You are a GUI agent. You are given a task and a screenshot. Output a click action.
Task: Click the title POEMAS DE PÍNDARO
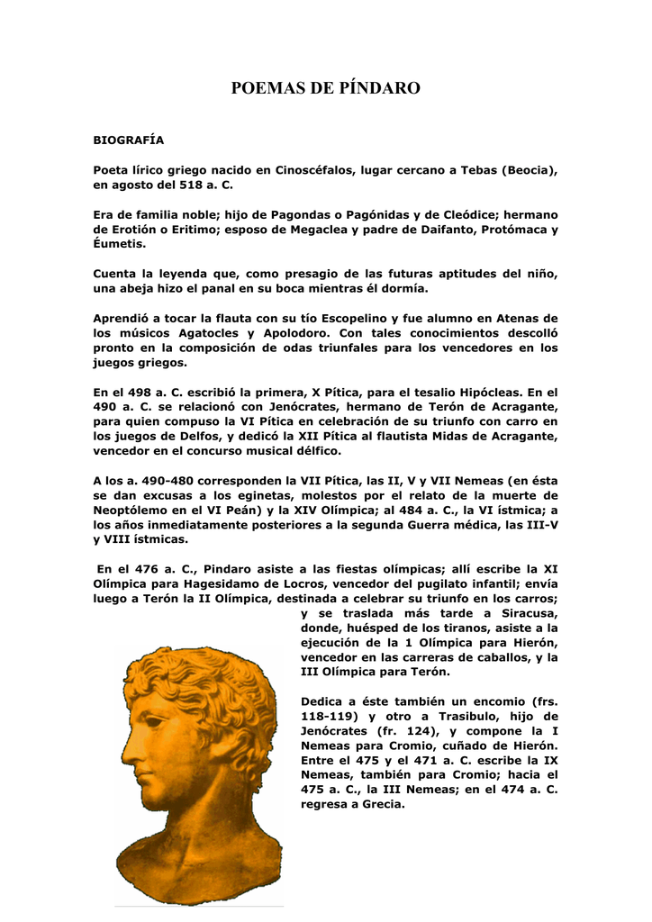click(x=326, y=88)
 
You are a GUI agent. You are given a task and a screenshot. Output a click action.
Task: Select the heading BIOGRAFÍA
click(x=129, y=140)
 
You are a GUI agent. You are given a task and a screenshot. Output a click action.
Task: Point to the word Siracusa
click(x=529, y=613)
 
